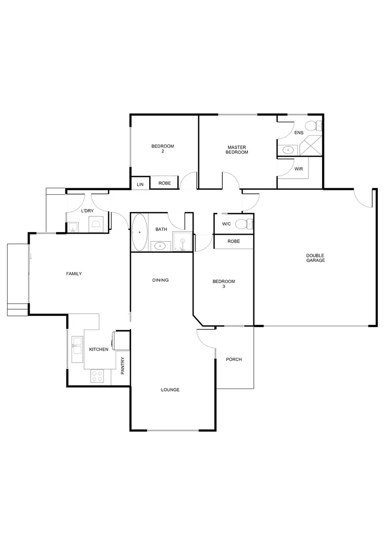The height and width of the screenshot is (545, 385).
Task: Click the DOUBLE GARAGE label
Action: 315,258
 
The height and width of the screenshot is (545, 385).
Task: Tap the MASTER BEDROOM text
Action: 236,149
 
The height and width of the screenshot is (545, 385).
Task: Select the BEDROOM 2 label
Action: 162,149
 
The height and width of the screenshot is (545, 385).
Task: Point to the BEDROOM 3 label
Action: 223,284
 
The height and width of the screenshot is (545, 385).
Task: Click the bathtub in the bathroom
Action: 139,232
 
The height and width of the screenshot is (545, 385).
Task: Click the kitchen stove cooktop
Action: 96,376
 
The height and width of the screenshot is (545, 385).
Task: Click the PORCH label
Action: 234,359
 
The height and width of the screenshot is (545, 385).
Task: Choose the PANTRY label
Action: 122,366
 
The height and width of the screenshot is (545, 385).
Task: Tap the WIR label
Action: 298,169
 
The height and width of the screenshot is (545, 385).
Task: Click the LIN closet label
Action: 140,185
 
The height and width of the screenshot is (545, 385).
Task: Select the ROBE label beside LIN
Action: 164,183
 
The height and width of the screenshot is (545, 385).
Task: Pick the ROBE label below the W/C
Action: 233,241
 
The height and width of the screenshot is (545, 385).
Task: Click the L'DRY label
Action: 88,210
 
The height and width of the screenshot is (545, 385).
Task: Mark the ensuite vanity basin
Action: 288,150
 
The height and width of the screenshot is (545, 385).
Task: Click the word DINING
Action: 160,280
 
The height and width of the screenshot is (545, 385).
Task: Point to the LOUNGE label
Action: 170,390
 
